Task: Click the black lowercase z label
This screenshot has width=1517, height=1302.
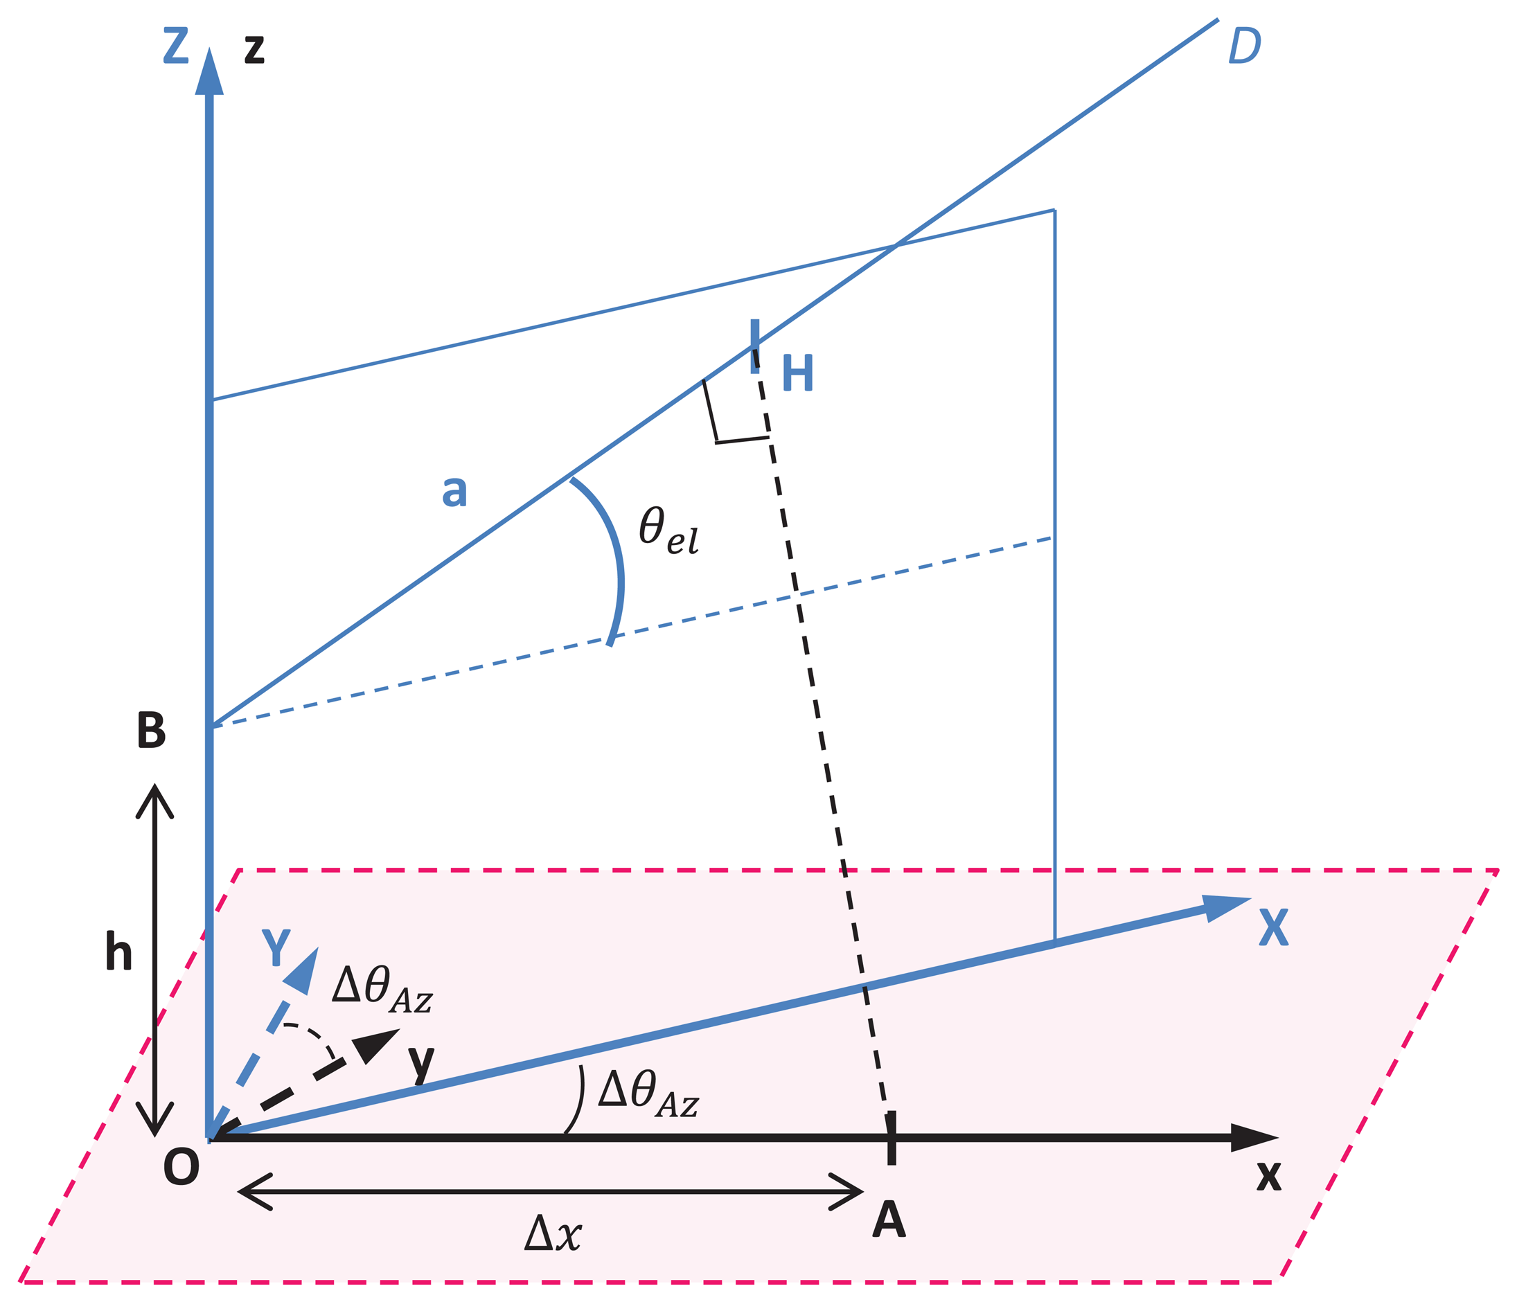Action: (x=254, y=50)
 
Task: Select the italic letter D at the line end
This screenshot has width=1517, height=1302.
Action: (x=1245, y=46)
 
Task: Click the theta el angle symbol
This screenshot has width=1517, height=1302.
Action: (x=668, y=530)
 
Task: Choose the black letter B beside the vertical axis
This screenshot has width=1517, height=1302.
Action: (x=152, y=730)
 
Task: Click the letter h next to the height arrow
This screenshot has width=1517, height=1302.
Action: (x=118, y=952)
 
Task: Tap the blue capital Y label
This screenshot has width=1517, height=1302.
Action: (x=276, y=948)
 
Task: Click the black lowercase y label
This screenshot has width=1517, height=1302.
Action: (x=421, y=1062)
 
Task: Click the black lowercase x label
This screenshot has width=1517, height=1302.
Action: (x=1269, y=1176)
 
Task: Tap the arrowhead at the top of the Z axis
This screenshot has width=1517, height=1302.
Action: (x=209, y=73)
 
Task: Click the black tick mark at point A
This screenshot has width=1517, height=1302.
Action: (x=891, y=1137)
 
